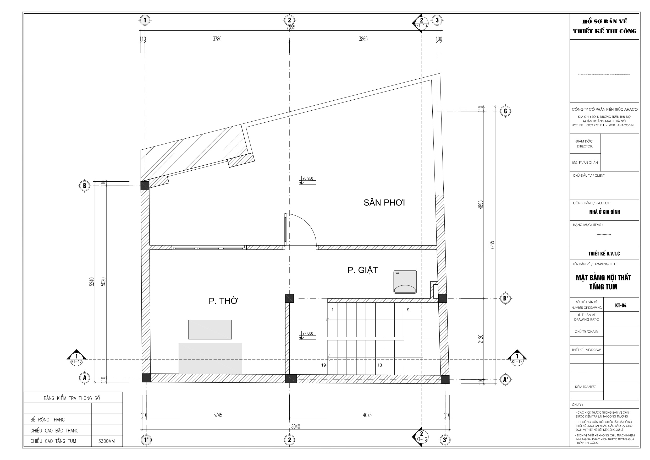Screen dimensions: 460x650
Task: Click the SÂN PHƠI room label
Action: [384, 203]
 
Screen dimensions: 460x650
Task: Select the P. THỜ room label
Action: [223, 301]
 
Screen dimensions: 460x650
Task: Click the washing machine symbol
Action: [405, 282]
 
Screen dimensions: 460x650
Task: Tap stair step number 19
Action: [323, 365]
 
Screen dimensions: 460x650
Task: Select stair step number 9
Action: [408, 310]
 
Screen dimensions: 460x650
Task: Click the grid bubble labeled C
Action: [505, 111]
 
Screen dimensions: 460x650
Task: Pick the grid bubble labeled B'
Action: [505, 299]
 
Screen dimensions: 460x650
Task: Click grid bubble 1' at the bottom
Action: [146, 440]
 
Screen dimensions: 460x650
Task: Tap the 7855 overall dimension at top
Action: [290, 28]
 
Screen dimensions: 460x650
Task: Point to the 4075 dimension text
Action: [367, 415]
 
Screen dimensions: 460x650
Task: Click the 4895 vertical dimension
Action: [480, 205]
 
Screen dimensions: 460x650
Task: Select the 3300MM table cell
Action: [106, 441]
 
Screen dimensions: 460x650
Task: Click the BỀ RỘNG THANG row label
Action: [48, 420]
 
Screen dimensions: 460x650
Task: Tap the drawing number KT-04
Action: [621, 306]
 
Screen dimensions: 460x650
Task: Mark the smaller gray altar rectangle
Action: [210, 330]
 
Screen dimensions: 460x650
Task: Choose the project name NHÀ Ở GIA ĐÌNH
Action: [604, 212]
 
